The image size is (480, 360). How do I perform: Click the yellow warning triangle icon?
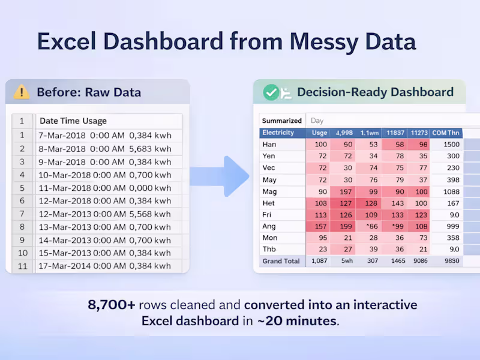click(x=22, y=92)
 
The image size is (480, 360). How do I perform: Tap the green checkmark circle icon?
click(x=272, y=92)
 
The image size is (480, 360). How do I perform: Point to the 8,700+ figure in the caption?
click(x=111, y=305)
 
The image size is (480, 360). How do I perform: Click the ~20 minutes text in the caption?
click(x=297, y=321)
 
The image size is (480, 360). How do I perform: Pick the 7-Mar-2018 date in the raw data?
click(x=62, y=136)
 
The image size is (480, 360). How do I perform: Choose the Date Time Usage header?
click(x=73, y=121)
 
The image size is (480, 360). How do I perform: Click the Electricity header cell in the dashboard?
click(x=278, y=133)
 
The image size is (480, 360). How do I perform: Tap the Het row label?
click(x=269, y=203)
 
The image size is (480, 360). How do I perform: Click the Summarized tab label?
click(x=282, y=121)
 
